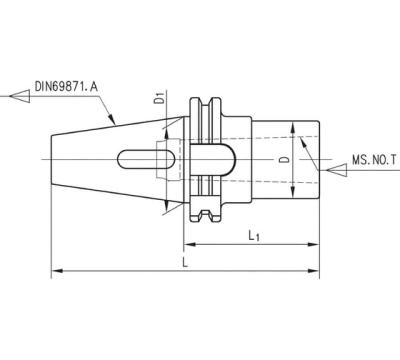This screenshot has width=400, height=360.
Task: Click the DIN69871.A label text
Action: click(66, 86)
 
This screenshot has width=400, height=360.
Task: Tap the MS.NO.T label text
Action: click(374, 160)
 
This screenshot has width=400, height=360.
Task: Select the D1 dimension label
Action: click(160, 98)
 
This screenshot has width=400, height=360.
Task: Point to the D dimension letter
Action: click(284, 160)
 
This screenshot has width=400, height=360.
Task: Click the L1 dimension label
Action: click(254, 236)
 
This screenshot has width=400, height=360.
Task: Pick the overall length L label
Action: click(186, 262)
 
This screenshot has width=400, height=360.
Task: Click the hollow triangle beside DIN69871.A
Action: click(20, 96)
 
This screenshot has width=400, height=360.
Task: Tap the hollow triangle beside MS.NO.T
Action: click(337, 170)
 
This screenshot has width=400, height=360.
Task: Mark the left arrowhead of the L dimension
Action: click(57, 271)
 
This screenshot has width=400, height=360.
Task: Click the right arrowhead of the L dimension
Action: click(313, 271)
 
